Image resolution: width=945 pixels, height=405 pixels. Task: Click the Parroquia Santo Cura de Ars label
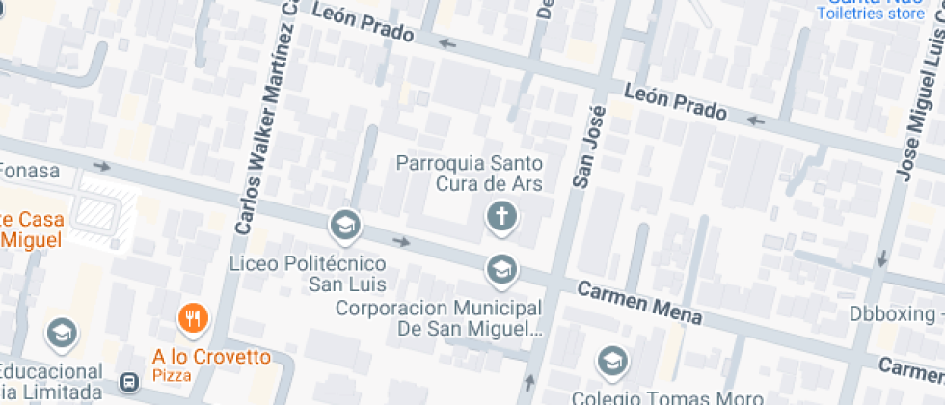(x=470, y=174)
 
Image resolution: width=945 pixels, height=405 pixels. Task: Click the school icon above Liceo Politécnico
(x=343, y=227)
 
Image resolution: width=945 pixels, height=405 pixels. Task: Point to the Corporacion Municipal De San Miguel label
(x=436, y=319)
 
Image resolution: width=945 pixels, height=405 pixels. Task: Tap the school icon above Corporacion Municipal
(x=500, y=270)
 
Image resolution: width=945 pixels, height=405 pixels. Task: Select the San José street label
(x=585, y=146)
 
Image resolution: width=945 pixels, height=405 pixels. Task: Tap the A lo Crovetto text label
(x=211, y=357)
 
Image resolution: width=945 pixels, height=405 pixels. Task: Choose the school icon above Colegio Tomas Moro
(x=610, y=362)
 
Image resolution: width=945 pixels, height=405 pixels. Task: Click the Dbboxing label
(x=892, y=313)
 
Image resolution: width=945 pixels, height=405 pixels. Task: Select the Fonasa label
(x=29, y=172)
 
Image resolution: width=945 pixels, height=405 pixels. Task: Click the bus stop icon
(x=128, y=383)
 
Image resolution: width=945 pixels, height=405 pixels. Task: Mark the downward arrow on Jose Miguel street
(x=880, y=258)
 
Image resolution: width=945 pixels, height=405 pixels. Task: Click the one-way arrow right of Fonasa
(x=101, y=166)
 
